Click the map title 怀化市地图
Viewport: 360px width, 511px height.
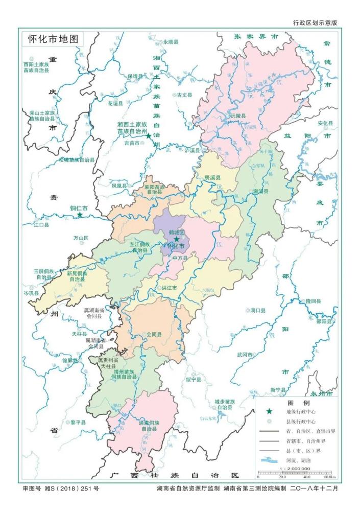click(52, 39)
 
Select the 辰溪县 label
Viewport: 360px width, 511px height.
click(212, 177)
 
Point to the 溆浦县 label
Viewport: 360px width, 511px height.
click(261, 191)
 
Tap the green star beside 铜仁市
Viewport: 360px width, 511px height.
click(80, 215)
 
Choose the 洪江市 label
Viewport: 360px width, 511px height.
click(169, 288)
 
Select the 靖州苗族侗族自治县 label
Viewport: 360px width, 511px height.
click(125, 374)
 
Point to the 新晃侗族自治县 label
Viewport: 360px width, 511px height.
click(77, 276)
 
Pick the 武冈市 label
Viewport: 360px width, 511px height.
click(245, 354)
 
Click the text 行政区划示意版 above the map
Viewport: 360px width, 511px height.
click(315, 23)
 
